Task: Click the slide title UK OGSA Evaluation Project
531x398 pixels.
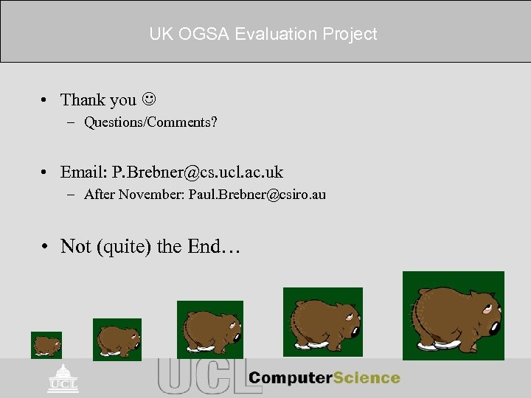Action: click(x=263, y=34)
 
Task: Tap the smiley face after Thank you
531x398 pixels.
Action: click(x=149, y=99)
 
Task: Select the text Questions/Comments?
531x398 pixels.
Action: click(x=150, y=122)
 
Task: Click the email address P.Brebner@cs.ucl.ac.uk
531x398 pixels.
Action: click(x=197, y=172)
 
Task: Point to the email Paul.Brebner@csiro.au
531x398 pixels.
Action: click(x=257, y=195)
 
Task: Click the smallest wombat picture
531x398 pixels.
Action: click(x=46, y=345)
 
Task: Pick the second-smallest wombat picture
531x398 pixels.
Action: click(x=117, y=340)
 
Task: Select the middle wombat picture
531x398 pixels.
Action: click(x=210, y=329)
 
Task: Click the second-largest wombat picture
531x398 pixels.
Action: click(x=323, y=321)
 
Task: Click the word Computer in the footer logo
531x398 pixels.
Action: click(x=290, y=378)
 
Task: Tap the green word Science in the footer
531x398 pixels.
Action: click(x=366, y=378)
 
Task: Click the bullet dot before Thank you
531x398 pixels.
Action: click(x=45, y=99)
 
